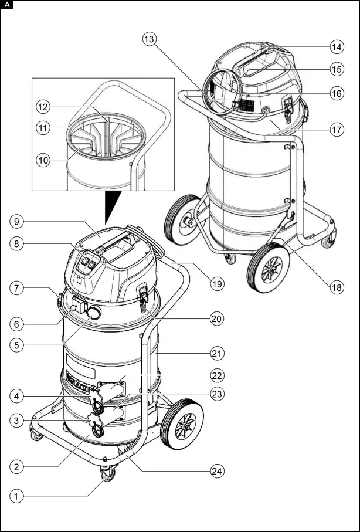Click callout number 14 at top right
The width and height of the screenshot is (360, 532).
[x=337, y=46]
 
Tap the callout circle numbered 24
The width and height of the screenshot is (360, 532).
[x=218, y=470]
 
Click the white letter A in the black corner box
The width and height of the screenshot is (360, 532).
[x=6, y=5]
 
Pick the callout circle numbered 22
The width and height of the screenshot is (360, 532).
[x=218, y=375]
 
